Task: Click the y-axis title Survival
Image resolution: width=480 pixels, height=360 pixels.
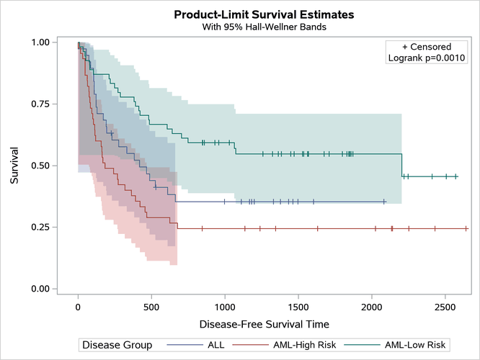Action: tap(14, 166)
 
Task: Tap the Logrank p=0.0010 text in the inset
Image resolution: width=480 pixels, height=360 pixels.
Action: tap(428, 58)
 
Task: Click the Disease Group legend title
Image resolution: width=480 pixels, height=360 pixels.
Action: tap(117, 345)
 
